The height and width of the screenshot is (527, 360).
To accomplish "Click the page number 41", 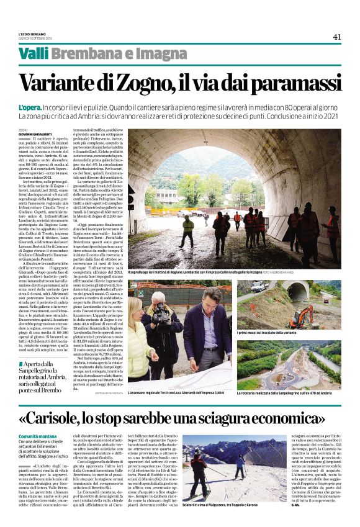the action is (x=337, y=37).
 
